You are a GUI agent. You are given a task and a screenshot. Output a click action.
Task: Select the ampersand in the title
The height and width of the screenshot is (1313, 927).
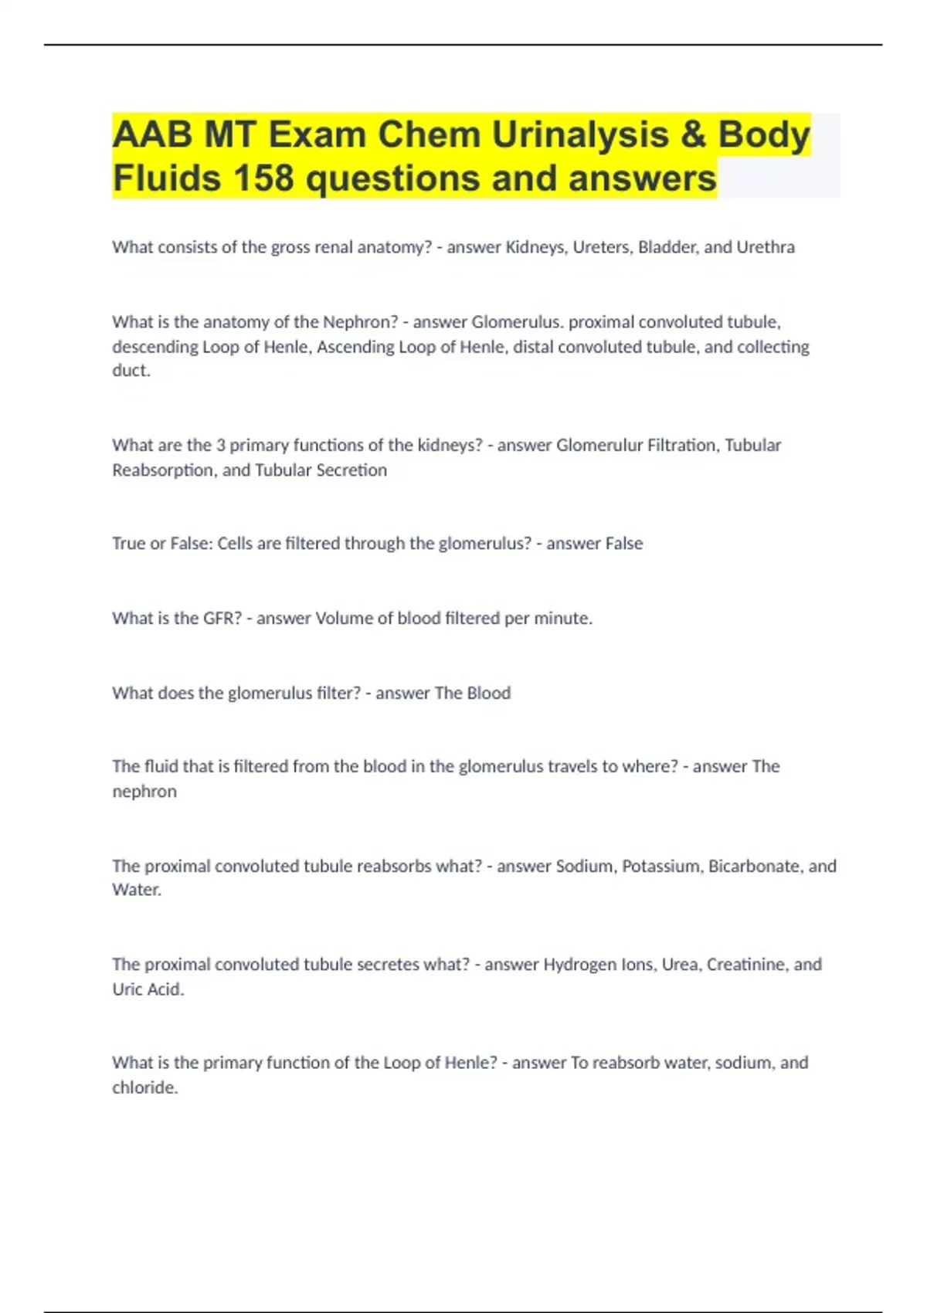click(x=693, y=134)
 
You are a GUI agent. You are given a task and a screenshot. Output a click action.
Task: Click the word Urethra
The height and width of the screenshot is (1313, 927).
click(x=765, y=247)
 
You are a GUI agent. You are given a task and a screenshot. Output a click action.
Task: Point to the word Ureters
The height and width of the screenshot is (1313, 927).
click(x=599, y=247)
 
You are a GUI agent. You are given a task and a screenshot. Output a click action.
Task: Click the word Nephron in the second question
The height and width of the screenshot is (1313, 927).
click(x=359, y=322)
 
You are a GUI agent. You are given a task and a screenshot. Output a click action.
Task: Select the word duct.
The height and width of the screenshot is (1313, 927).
click(x=131, y=371)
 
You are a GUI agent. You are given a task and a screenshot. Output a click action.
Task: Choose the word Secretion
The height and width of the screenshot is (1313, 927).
click(x=351, y=470)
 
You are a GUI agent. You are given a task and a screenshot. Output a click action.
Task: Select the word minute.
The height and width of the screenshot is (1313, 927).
click(x=563, y=619)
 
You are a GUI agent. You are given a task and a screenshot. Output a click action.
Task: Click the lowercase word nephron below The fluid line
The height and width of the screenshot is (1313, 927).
click(x=144, y=792)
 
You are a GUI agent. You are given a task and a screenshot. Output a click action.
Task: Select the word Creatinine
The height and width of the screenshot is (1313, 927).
click(x=746, y=965)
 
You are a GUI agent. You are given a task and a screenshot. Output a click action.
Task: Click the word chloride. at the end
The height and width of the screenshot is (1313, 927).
click(x=145, y=1087)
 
